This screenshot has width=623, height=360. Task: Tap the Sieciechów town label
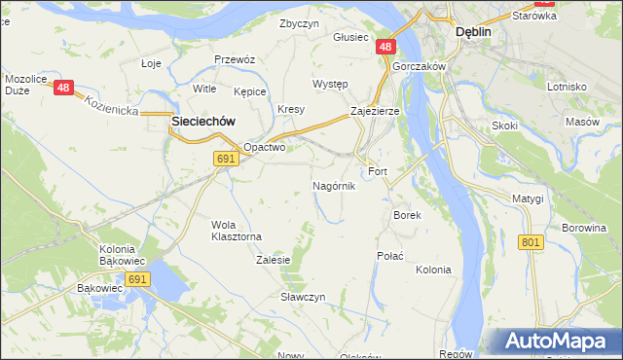coord(204,121)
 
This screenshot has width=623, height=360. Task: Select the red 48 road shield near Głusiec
coord(386,47)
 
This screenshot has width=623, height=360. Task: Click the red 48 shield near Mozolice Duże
coord(64,88)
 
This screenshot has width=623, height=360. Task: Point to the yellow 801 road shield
coord(531,241)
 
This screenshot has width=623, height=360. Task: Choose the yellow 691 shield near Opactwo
coord(226,158)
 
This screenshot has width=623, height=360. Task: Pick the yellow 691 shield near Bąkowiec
coord(137,279)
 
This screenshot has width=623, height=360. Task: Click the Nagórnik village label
coord(333,186)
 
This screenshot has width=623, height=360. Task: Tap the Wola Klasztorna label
coord(237,231)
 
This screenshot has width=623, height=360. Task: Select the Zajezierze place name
coord(375,112)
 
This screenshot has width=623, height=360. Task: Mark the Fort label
coord(378,171)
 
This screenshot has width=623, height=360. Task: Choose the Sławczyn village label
coord(303,297)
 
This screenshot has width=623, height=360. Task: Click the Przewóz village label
coord(235,59)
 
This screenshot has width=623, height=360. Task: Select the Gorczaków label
coord(419,65)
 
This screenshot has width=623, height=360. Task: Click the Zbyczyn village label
coord(299,23)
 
